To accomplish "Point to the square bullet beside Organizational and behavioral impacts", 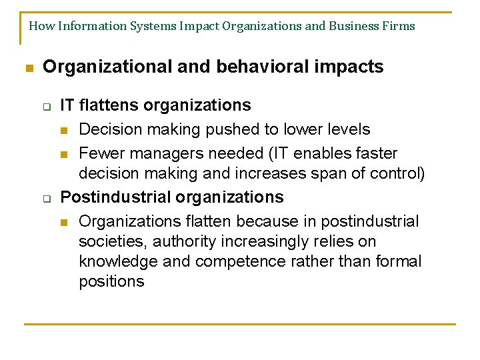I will point(28,68).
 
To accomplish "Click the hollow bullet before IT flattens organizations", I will point(48,107).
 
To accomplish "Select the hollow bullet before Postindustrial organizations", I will point(48,199).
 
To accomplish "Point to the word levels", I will point(347,129).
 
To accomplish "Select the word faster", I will point(375,153).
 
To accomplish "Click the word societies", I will point(110,241).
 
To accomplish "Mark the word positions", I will point(111,281).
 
